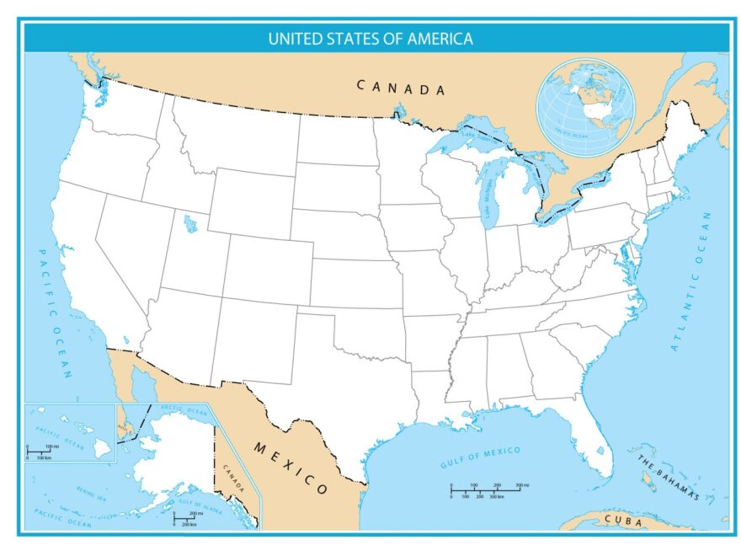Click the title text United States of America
click(x=370, y=38)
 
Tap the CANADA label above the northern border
click(x=400, y=87)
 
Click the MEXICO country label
click(x=291, y=468)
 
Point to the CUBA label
click(x=623, y=521)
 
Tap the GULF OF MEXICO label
click(x=480, y=457)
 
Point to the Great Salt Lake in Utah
click(x=190, y=224)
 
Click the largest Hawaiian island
click(x=102, y=448)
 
